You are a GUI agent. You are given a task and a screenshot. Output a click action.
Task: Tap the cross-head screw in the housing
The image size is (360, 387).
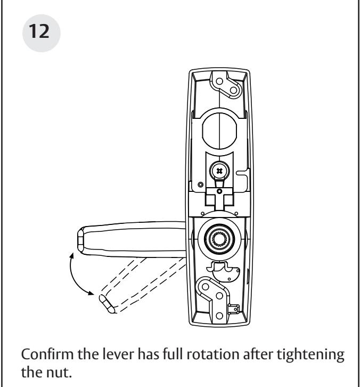click(x=219, y=171)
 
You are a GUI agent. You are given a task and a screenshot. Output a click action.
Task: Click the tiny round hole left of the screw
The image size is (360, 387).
click(x=200, y=184)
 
